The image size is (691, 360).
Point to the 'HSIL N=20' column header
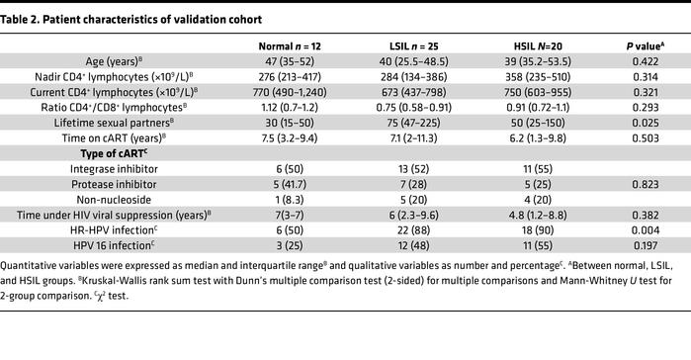[526, 45]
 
